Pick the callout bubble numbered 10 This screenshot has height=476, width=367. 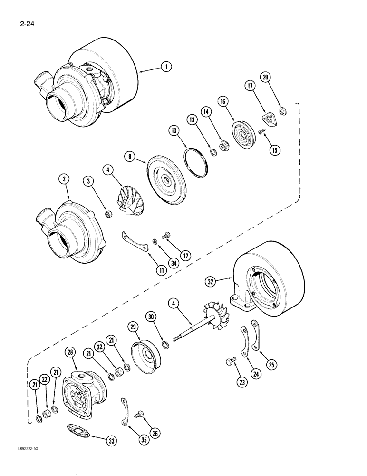173,130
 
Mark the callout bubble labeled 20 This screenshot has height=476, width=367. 266,77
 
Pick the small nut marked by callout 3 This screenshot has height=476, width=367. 108,214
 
